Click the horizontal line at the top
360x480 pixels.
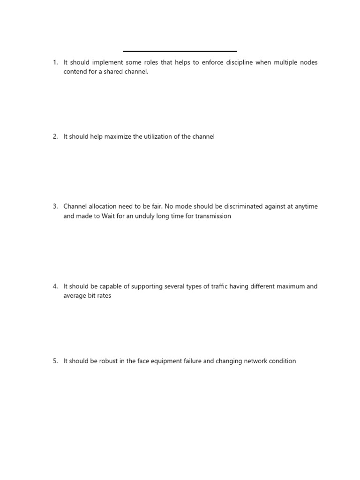180,51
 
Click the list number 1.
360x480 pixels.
55,62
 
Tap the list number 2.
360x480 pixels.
55,136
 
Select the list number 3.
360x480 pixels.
55,206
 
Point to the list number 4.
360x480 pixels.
55,286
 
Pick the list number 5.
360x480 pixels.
55,361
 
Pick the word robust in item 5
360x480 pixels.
109,361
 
